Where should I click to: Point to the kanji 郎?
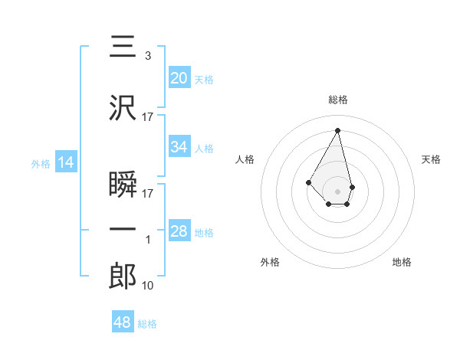click(x=123, y=276)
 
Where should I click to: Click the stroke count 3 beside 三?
click(x=147, y=56)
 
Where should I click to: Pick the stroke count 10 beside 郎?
click(x=149, y=285)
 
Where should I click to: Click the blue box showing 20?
click(x=179, y=77)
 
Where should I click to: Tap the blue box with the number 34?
click(x=179, y=147)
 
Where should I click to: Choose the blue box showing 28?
click(x=179, y=231)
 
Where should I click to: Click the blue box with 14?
click(x=65, y=162)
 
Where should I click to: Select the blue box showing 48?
click(x=122, y=322)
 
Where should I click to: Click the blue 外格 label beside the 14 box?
click(x=41, y=163)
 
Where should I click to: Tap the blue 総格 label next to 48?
click(x=147, y=324)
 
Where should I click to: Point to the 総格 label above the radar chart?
click(x=337, y=100)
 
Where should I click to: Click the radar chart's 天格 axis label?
click(x=432, y=159)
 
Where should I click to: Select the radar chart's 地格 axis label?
click(x=402, y=262)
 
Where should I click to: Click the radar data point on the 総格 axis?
click(x=337, y=129)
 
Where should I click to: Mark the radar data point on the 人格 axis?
click(x=309, y=182)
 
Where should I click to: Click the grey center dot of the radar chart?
click(x=337, y=191)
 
